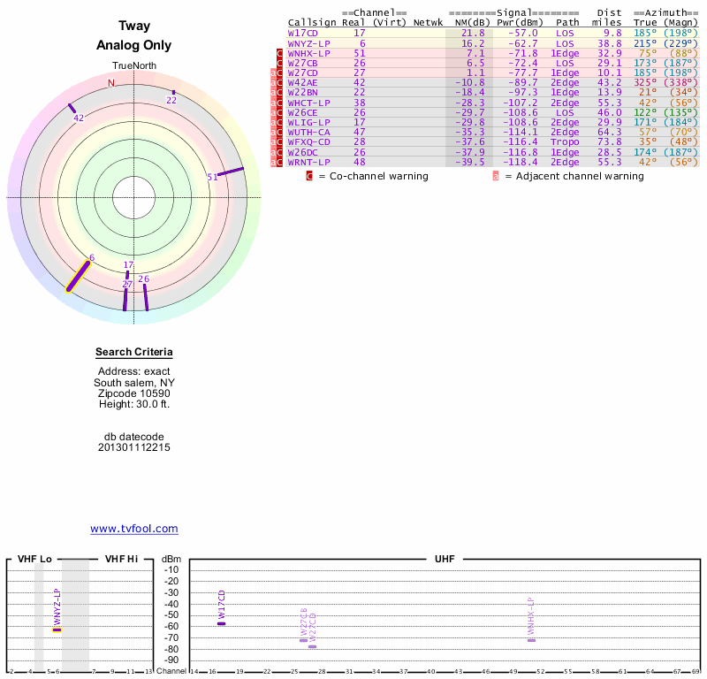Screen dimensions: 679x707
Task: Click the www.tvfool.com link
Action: (134, 529)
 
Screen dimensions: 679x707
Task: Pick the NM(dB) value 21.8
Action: (473, 32)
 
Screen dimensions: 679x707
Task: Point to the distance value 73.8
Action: (609, 141)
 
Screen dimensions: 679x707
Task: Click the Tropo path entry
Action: (565, 141)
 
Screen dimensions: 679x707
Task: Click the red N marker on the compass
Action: (111, 83)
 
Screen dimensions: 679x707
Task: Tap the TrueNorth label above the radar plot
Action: (133, 67)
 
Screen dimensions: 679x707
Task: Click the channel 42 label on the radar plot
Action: (79, 118)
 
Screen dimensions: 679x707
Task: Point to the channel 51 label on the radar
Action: (212, 177)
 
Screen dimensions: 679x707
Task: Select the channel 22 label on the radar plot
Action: (171, 100)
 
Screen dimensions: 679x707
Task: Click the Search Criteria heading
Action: (134, 353)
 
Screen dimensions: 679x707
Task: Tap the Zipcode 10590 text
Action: (134, 393)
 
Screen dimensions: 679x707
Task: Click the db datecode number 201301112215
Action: (134, 447)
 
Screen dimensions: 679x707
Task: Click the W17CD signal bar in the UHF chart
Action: (221, 623)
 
